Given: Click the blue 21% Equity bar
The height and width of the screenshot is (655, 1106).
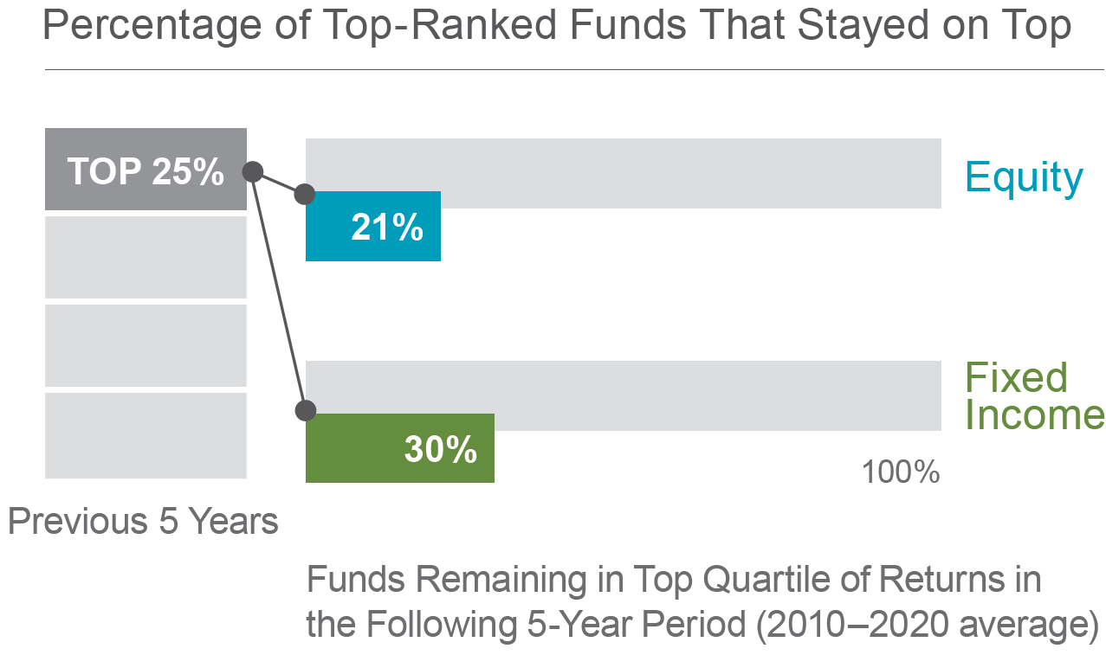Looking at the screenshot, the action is click(x=373, y=226).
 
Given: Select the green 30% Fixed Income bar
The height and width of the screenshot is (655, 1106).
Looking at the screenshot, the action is click(x=400, y=448).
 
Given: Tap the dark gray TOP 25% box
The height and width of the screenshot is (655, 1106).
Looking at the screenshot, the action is click(x=146, y=170).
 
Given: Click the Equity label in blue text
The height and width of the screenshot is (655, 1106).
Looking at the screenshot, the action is click(x=1024, y=177).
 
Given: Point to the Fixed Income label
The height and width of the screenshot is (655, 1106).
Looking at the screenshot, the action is click(x=1035, y=396).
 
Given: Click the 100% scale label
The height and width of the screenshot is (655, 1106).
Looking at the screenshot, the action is click(x=901, y=472).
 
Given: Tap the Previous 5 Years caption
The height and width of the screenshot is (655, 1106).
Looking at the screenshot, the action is click(x=143, y=521).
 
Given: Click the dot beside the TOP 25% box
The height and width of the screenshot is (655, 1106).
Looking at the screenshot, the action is click(x=253, y=171).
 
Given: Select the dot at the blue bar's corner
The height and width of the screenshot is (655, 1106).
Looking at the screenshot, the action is click(x=305, y=195).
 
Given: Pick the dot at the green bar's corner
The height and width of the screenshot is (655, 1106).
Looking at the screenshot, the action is click(x=306, y=410).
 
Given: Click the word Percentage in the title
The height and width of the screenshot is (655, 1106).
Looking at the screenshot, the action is click(x=152, y=26).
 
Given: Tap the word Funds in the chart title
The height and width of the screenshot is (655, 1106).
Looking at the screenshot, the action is click(x=628, y=25).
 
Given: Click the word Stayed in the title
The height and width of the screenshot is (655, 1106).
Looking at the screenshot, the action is click(x=863, y=26).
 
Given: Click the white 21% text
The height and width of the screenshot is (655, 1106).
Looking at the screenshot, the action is click(x=387, y=227).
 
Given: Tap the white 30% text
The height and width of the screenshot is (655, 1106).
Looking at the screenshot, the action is click(x=441, y=449).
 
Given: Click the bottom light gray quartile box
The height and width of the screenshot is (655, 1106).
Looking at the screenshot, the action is click(x=146, y=435).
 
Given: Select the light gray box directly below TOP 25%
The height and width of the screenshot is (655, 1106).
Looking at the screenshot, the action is click(x=146, y=258).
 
